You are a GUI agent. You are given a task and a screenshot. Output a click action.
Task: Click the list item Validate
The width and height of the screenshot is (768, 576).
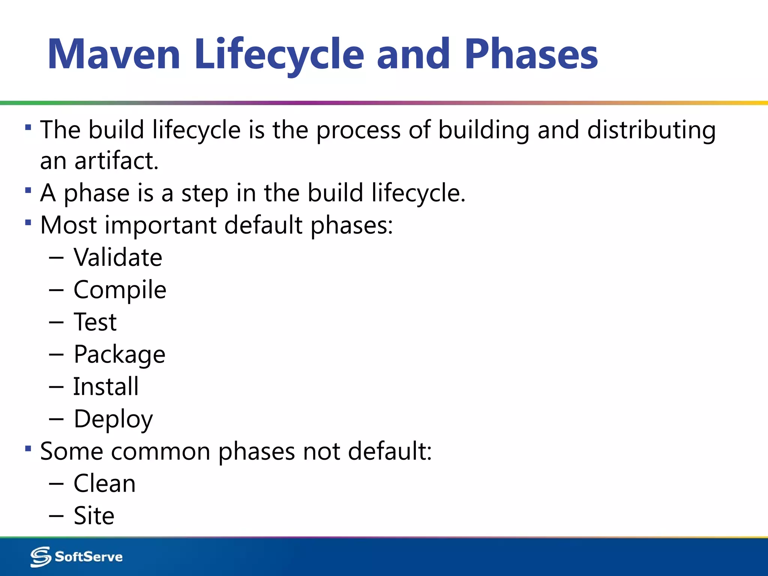pos(118,258)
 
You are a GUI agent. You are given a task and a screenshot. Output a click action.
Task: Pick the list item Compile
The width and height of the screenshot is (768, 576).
pos(120,290)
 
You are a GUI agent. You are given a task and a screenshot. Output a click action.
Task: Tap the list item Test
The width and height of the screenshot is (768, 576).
pos(95,322)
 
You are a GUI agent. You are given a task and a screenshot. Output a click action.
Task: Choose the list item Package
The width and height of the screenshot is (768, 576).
pos(119,354)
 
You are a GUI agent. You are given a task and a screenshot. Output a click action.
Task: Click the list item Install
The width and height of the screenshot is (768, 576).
pos(106,387)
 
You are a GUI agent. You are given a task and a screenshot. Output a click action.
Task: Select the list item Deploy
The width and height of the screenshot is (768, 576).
pos(113,419)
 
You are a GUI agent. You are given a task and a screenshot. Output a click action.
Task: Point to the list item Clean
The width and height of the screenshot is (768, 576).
pos(104,483)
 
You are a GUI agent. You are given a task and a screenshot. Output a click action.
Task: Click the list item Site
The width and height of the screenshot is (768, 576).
pos(94,516)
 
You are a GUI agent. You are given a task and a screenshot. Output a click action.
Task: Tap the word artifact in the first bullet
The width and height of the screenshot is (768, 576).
pos(117,161)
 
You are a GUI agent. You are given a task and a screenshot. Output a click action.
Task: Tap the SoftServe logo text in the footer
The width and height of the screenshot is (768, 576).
pos(88,556)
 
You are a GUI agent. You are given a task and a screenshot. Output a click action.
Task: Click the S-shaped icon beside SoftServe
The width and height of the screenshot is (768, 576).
pos(40,556)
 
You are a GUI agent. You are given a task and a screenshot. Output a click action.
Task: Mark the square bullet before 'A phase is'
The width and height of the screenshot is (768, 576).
pos(28,190)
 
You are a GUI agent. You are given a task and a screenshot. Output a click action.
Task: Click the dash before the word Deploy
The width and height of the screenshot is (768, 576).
pos(56,419)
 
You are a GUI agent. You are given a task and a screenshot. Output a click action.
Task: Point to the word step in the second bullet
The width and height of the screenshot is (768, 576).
pos(205,193)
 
